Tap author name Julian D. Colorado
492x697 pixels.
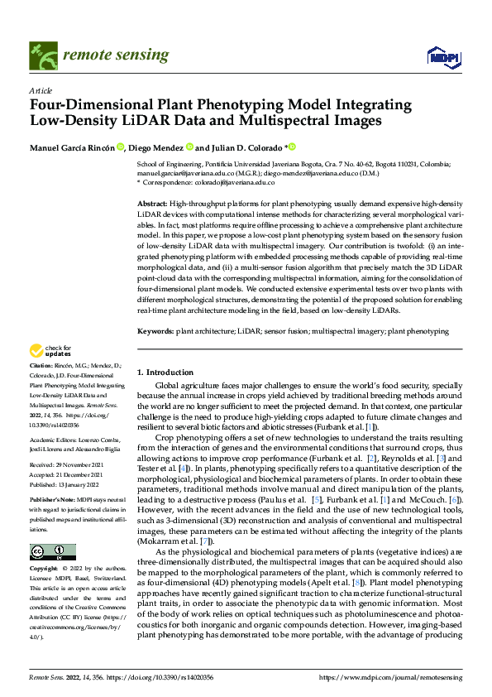pos(242,147)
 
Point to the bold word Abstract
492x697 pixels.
pos(151,203)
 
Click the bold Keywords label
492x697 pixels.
pos(155,331)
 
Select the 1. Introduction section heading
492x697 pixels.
pos(165,373)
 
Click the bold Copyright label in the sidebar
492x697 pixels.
pos(43,570)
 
